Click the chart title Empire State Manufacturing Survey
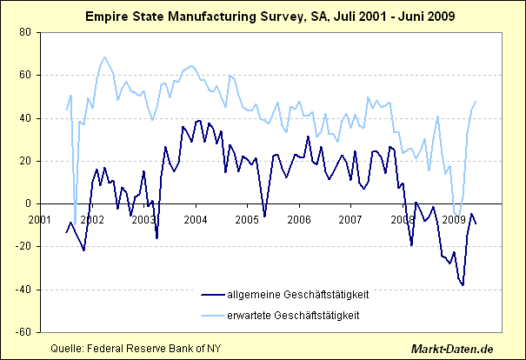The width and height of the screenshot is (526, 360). click(x=263, y=16)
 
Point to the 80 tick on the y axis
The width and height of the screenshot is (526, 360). click(x=25, y=32)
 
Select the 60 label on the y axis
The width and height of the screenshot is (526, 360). click(x=25, y=75)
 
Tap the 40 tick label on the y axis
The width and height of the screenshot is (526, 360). click(x=25, y=118)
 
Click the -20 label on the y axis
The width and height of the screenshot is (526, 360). click(x=23, y=247)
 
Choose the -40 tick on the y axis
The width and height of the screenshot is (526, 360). click(x=23, y=290)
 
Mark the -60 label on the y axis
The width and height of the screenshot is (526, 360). click(x=23, y=332)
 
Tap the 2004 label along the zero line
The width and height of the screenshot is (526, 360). click(x=195, y=219)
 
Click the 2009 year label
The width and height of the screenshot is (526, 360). click(x=453, y=219)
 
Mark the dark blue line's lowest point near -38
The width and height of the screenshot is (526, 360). click(x=463, y=285)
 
